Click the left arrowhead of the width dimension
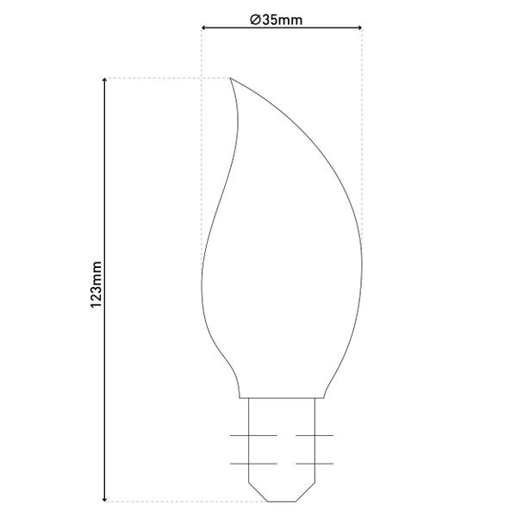click(205, 29)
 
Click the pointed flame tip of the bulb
click(231, 79)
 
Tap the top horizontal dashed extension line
click(164, 78)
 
